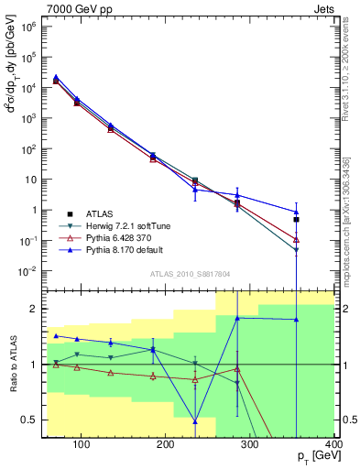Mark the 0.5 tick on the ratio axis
[32, 420]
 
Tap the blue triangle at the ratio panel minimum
[195, 421]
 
